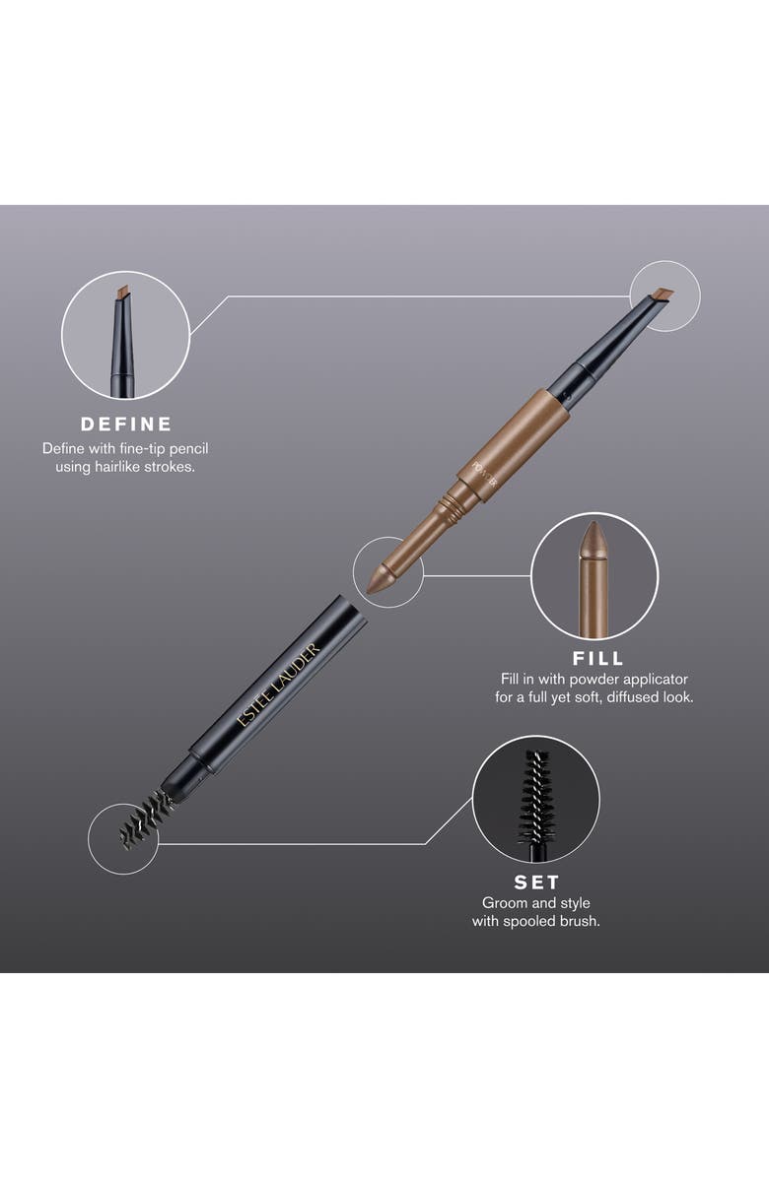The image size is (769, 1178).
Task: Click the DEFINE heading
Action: point(125,425)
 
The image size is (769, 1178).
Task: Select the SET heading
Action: point(535,882)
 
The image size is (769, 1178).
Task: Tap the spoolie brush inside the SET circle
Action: point(535,789)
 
